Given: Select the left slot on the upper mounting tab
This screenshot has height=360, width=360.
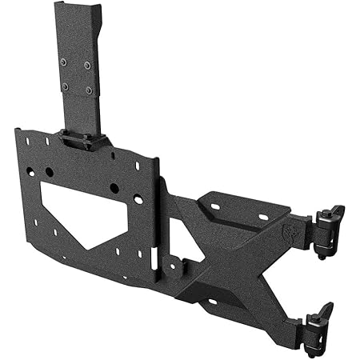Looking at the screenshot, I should tap(215, 207).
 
